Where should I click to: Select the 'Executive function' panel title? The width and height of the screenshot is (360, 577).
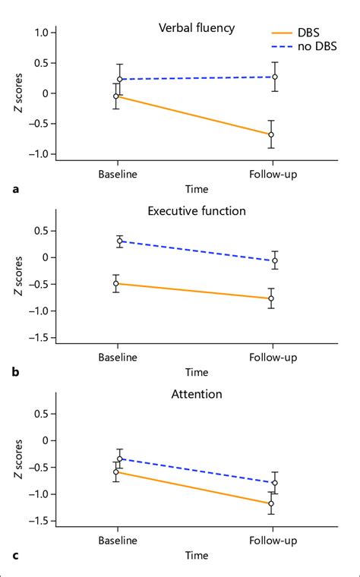point(196,210)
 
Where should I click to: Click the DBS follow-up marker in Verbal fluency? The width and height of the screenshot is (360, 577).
point(271,134)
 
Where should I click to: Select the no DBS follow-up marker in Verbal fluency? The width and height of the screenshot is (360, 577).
point(275,77)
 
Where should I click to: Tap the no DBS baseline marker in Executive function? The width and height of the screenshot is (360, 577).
point(120,241)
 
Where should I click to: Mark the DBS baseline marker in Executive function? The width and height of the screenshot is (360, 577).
point(116,283)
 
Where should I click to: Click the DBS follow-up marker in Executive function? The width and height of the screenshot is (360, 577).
point(271,298)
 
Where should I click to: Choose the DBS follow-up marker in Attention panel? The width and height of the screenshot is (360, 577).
point(271,503)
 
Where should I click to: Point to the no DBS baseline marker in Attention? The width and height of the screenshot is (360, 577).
point(120,459)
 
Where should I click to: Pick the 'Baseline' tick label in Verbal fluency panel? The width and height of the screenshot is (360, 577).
point(118,174)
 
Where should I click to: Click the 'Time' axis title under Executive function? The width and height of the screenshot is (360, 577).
point(196,372)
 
